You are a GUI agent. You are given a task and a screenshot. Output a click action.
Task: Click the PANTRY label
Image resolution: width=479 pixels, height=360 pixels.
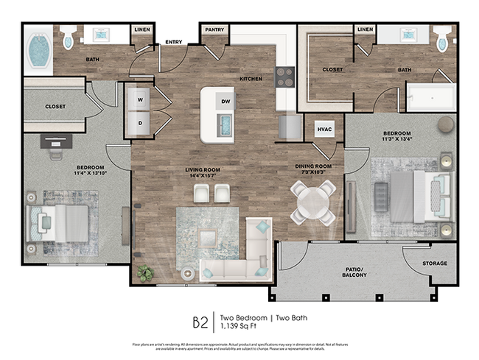pyautogui.click(x=214, y=29)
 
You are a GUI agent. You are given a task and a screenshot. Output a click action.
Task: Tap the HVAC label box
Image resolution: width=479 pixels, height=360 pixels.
pyautogui.click(x=325, y=130)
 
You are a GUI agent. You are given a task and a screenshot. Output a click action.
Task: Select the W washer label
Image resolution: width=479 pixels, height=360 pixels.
pyautogui.click(x=139, y=97)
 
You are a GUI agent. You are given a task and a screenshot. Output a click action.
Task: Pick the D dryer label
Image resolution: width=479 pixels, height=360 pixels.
pyautogui.click(x=139, y=124)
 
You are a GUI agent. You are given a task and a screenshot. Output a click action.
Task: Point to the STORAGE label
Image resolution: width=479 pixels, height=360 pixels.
pyautogui.click(x=435, y=264)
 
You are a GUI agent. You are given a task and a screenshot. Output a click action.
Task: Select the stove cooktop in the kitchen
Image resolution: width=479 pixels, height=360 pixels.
pyautogui.click(x=285, y=77)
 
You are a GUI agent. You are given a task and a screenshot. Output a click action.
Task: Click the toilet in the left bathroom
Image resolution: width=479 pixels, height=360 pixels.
pyautogui.click(x=68, y=38)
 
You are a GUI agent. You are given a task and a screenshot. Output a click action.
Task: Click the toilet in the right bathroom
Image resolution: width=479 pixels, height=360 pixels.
pyautogui.click(x=441, y=39)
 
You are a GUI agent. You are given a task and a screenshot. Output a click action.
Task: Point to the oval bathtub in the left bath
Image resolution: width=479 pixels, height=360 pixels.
pyautogui.click(x=38, y=50)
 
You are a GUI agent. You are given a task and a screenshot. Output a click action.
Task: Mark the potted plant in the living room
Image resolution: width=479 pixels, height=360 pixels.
pyautogui.click(x=145, y=273)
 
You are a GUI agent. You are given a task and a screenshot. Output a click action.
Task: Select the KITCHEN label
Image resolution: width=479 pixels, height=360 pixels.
pyautogui.click(x=251, y=78)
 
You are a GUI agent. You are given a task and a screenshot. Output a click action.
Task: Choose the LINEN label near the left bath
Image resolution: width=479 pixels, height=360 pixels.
pyautogui.click(x=141, y=29)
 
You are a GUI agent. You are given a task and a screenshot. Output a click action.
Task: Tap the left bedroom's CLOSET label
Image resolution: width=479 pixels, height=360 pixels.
pyautogui.click(x=55, y=106)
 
